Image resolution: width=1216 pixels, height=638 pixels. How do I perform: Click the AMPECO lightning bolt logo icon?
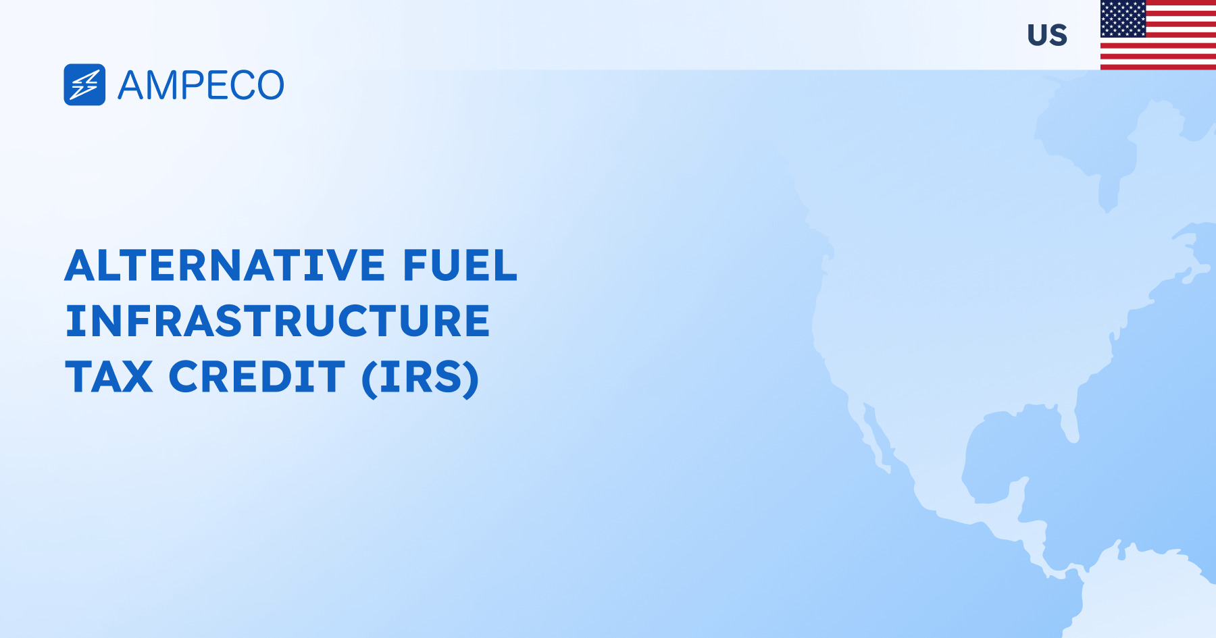click(84, 85)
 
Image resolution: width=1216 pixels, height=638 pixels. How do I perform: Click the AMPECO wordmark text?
click(201, 86)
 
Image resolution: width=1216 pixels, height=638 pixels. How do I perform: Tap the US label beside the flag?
click(1047, 35)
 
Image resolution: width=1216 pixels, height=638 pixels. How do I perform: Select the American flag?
click(1158, 35)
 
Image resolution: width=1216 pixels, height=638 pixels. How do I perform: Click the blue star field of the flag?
click(1123, 19)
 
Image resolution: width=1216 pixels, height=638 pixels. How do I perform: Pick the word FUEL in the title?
click(460, 265)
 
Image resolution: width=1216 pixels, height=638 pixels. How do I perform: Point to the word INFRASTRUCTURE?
click(278, 321)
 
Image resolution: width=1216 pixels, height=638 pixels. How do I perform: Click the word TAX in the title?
click(109, 377)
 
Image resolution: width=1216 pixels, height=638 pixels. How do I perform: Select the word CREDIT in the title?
click(257, 377)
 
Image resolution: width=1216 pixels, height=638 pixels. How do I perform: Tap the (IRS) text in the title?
click(420, 378)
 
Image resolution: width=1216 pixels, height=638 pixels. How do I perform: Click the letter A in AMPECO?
click(132, 86)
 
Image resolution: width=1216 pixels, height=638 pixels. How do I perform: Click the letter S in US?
click(1058, 35)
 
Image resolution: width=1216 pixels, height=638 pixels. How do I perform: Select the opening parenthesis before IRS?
click(369, 379)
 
